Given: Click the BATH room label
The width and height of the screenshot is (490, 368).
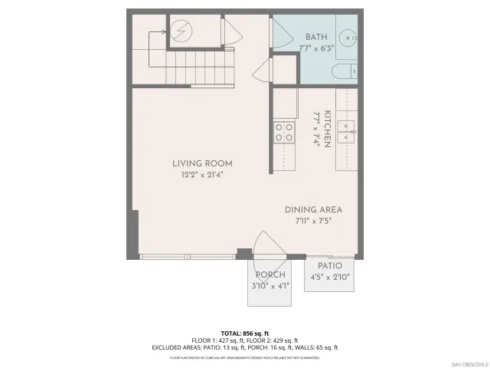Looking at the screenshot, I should click(x=316, y=37).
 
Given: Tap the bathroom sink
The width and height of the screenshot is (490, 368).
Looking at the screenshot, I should click(x=349, y=36).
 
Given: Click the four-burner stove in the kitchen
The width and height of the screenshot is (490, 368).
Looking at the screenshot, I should click(x=285, y=132).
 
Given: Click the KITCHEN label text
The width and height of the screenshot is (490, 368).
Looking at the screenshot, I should click(x=327, y=129).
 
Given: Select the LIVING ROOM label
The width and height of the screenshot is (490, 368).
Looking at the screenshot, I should click(x=201, y=163).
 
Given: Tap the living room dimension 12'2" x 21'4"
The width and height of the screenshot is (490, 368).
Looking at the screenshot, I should click(x=201, y=175).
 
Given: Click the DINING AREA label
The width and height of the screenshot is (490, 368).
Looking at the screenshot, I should click(x=313, y=209).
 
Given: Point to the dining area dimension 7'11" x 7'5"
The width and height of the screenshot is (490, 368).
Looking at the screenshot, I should click(x=313, y=221).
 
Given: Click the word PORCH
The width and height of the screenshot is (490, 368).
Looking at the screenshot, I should click(x=270, y=274).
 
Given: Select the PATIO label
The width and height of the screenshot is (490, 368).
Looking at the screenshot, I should click(x=330, y=265).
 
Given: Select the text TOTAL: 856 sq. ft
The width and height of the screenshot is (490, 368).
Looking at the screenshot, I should click(x=244, y=333).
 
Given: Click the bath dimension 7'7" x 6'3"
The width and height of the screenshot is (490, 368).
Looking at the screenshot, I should click(x=316, y=48).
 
